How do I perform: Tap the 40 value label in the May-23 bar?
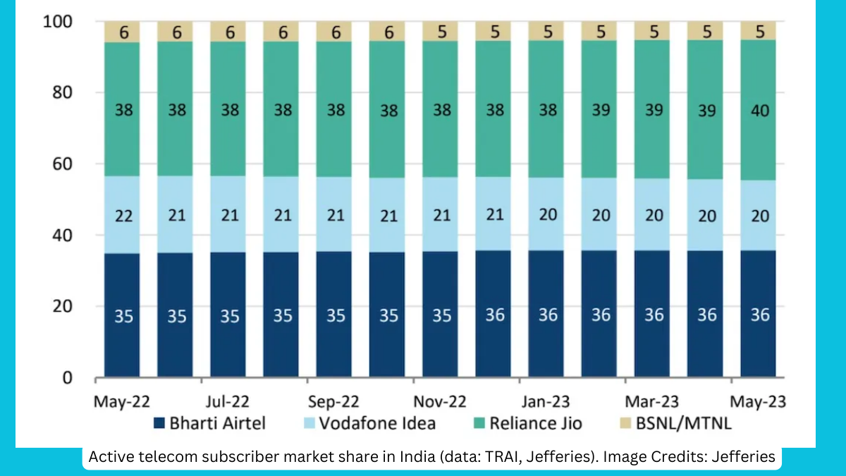coord(759,111)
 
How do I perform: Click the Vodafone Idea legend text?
coord(377,424)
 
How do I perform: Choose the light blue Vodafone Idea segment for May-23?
coord(759,233)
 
